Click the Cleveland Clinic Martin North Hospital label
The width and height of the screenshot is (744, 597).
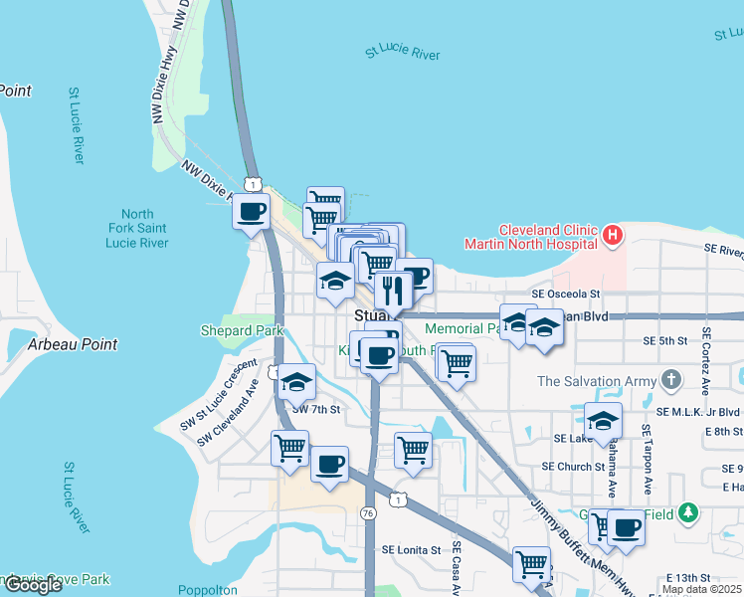[x=533, y=236]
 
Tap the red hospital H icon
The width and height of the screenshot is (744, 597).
[x=613, y=236]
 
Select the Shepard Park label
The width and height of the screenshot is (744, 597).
[x=242, y=330]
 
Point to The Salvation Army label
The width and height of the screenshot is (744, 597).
[x=596, y=380]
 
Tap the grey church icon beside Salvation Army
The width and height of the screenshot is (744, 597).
[x=671, y=379]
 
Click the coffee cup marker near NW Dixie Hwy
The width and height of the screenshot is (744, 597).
[x=251, y=210]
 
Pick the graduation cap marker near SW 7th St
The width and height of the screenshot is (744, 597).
[x=296, y=382]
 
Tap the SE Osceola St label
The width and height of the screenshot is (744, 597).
[x=566, y=295]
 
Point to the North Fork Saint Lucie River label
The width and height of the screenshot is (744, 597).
[x=138, y=228]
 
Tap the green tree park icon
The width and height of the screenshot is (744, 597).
[x=687, y=514]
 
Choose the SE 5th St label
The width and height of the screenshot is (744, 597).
[x=665, y=341]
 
